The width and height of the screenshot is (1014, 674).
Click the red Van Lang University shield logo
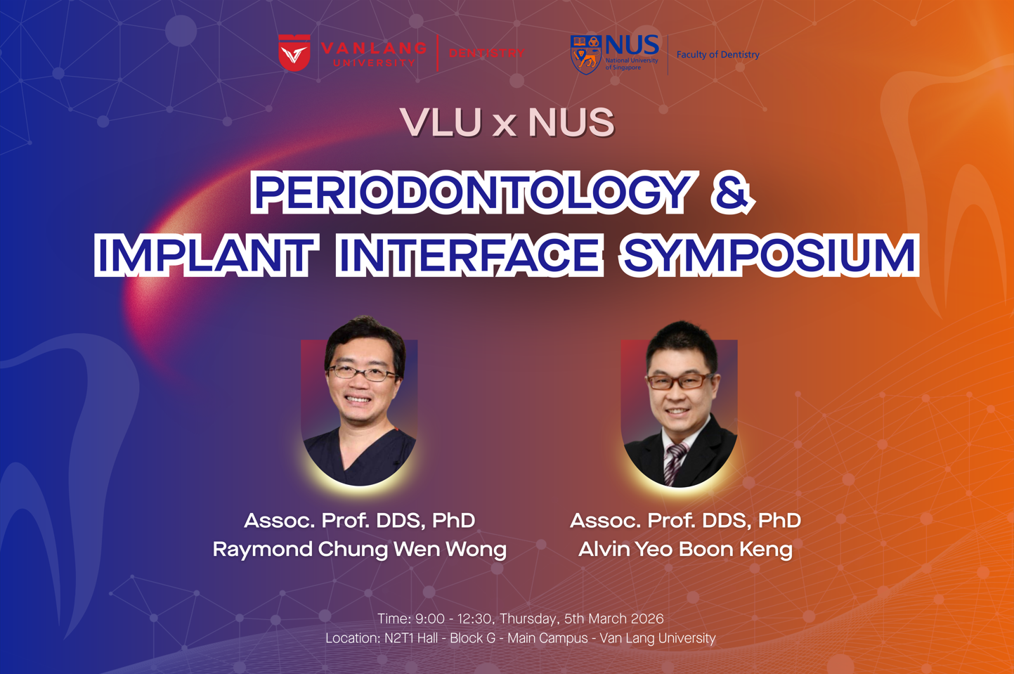[294, 53]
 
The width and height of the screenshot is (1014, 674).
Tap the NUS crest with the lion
[586, 55]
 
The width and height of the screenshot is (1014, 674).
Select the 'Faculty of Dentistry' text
[718, 54]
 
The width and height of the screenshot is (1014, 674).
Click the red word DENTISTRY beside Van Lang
[487, 53]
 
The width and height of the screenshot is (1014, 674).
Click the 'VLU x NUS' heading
[507, 122]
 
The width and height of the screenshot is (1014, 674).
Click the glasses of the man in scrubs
[363, 373]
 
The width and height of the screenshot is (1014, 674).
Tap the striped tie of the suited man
[675, 463]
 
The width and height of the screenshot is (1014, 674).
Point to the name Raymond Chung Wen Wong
[359, 549]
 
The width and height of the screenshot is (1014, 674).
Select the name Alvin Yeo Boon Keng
[685, 549]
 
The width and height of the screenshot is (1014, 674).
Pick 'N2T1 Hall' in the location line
[411, 637]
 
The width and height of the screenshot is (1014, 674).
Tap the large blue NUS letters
[632, 45]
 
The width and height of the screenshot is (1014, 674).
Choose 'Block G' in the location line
[473, 637]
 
